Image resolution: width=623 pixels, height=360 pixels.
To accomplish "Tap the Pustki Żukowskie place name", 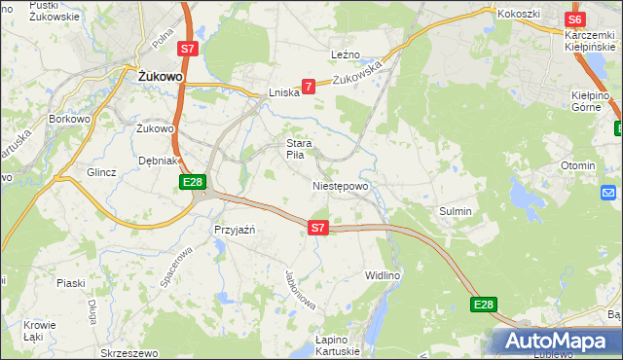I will coord(55,11).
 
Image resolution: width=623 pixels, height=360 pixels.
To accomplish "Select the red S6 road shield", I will coord(575,19).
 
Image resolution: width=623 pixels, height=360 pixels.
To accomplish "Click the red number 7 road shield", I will coord(309,87).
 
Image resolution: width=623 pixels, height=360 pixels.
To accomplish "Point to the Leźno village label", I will coord(346,55).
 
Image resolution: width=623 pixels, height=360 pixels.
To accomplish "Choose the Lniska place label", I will coord(282,93).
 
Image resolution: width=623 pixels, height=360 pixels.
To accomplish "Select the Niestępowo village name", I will coord(341,185).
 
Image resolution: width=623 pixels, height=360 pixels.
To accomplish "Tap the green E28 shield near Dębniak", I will coord(192,182).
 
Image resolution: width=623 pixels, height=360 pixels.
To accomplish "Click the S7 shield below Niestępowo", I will coord(317,227).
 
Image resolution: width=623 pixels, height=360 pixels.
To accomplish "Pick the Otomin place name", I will coord(577,165).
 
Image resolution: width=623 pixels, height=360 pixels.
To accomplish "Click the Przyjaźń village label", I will coord(234,230).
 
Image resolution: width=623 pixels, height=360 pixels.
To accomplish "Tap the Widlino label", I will coord(383,276).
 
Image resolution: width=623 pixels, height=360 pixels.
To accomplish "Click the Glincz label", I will coord(102,172).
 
